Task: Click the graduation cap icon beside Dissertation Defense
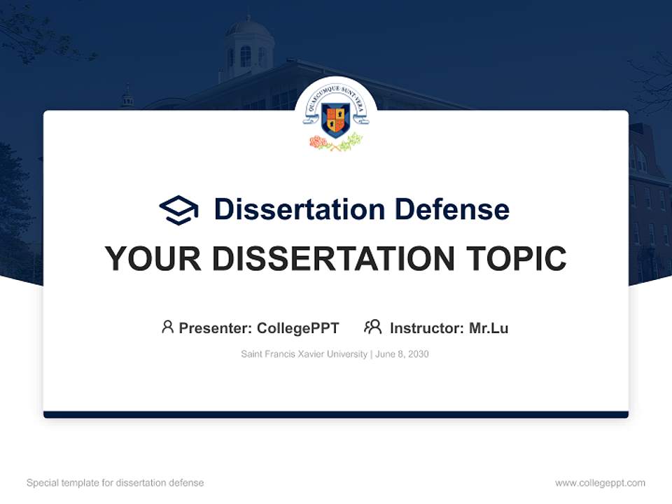click(x=178, y=210)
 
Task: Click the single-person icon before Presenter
click(x=167, y=327)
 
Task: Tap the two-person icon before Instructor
click(x=372, y=327)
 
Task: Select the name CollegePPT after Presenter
click(x=298, y=328)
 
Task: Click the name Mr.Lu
click(x=489, y=328)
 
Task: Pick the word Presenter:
click(x=216, y=328)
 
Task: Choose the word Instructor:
click(x=427, y=328)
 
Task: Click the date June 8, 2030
click(x=402, y=354)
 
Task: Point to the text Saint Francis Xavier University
click(x=304, y=354)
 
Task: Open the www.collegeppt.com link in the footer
click(x=600, y=483)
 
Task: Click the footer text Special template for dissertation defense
click(x=115, y=483)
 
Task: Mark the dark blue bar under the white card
click(x=336, y=414)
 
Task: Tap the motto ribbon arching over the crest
click(x=336, y=95)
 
